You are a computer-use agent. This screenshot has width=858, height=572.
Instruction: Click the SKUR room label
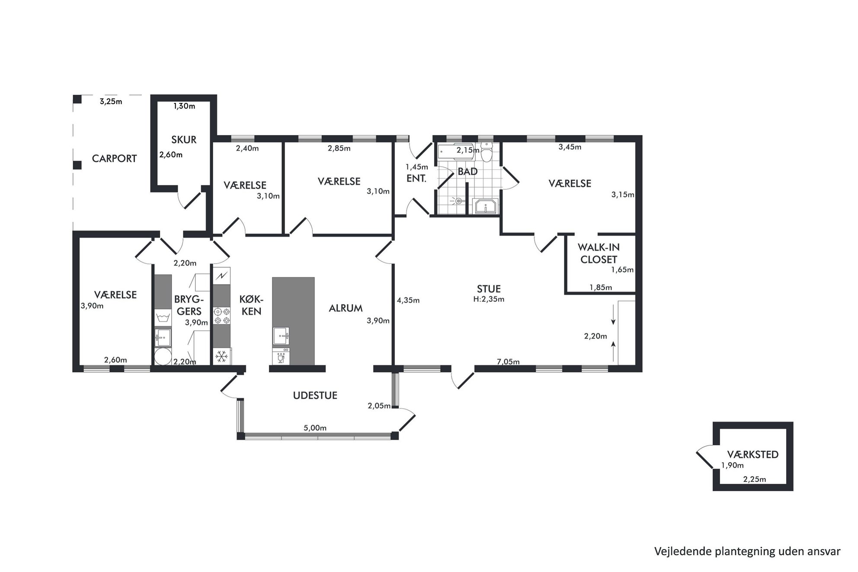click(184, 140)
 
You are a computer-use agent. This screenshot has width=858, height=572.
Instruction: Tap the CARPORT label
click(114, 159)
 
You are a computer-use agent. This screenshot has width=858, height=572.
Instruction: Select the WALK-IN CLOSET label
click(599, 253)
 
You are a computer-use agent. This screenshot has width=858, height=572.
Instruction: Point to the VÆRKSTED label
click(752, 454)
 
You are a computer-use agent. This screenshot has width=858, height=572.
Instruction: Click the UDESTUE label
click(315, 395)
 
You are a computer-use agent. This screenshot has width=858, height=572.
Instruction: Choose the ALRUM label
click(346, 308)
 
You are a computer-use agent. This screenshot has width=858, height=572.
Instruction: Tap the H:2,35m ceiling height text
click(489, 299)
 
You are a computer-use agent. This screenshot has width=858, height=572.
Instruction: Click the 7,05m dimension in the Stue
click(508, 362)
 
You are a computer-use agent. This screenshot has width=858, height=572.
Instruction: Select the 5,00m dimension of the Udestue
click(315, 428)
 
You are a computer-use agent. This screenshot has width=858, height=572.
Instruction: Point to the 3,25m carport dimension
click(111, 102)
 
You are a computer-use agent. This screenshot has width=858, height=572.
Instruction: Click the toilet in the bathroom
click(487, 152)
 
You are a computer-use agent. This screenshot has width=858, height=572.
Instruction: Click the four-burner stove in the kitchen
click(222, 315)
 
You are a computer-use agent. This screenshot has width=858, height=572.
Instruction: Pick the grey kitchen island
click(293, 321)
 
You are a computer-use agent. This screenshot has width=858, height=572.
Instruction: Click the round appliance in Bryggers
click(163, 357)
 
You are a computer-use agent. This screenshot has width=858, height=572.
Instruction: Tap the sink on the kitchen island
click(281, 336)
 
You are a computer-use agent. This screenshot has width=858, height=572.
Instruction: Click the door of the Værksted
click(704, 457)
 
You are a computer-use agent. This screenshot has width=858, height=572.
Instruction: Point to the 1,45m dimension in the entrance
click(416, 167)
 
